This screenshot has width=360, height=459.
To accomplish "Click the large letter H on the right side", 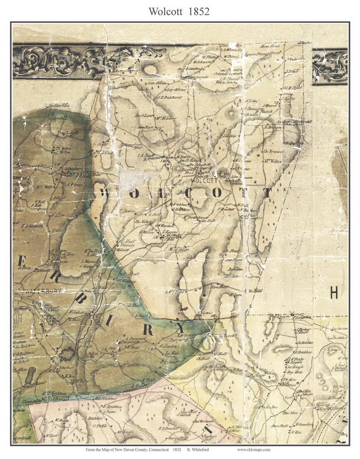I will [334, 293].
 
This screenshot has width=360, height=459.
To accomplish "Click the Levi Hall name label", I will [208, 221].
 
